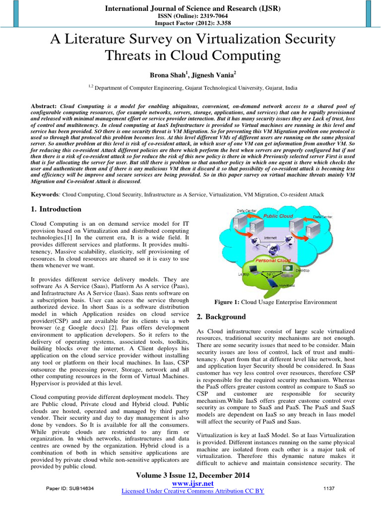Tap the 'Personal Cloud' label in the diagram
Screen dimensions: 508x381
pyautogui.click(x=272, y=260)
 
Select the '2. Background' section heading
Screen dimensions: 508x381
pyautogui.click(x=221, y=317)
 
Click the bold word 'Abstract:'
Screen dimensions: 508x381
pyautogui.click(x=45, y=106)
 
